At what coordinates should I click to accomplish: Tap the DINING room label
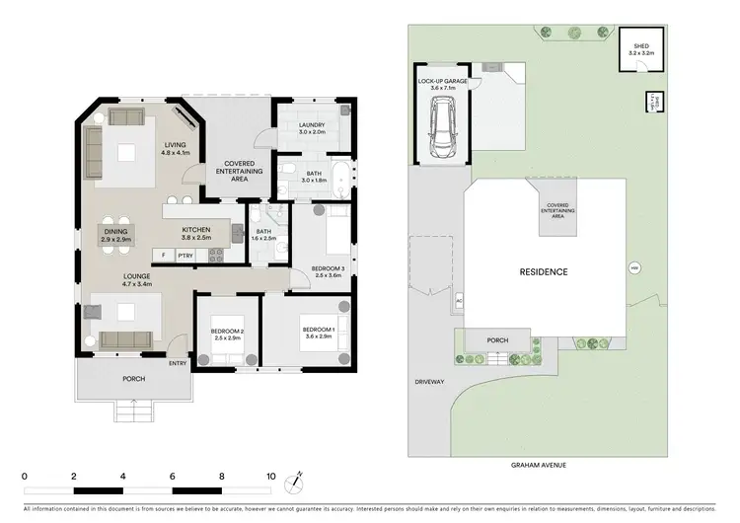point(115,235)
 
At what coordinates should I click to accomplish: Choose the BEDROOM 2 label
point(228,334)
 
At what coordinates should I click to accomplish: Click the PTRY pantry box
point(185,256)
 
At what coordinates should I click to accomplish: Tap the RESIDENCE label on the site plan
point(545,271)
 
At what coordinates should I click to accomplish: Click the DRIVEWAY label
point(430,382)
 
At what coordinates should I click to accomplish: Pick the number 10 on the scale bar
point(270,476)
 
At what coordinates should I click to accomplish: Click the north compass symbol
point(291,483)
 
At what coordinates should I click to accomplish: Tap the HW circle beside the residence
point(633,267)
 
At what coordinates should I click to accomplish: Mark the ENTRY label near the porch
point(178,363)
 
